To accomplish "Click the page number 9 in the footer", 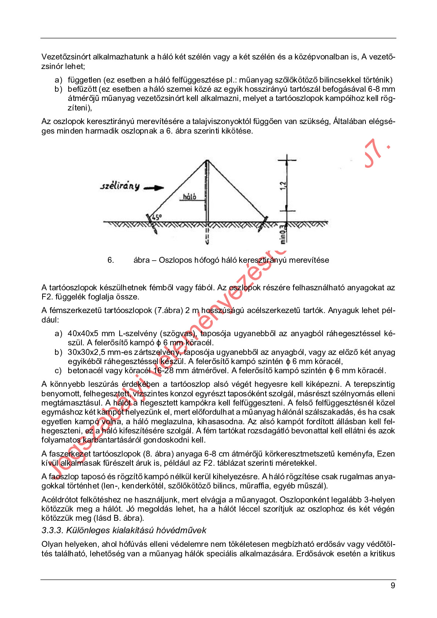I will [x=393, y=585].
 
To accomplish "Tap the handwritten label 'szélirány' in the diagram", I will [x=120, y=186].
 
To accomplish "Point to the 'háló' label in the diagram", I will [x=189, y=197].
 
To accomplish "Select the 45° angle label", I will [x=157, y=217].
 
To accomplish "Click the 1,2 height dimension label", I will [x=283, y=186].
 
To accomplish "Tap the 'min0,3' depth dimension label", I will [x=283, y=234].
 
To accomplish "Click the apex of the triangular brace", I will [x=207, y=160].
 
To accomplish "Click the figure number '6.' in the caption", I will [x=110, y=260].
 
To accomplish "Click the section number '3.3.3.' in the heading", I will [x=52, y=530].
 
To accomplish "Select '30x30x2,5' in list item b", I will [x=85, y=352].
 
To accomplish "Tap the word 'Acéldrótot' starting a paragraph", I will [x=60, y=500].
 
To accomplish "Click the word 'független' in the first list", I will [x=84, y=80].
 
